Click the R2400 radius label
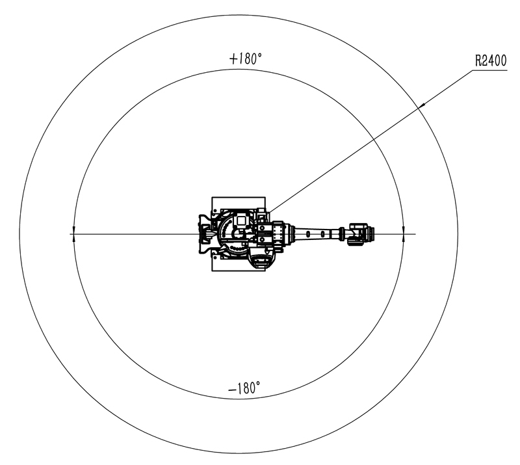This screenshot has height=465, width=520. tap(491, 61)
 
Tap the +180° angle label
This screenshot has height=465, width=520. tap(246, 59)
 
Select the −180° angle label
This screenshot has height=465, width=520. tap(244, 388)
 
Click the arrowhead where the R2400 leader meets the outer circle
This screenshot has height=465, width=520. tap(421, 105)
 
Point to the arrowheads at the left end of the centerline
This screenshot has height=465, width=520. tap(73, 233)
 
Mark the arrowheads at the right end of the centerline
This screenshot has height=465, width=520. tap(403, 233)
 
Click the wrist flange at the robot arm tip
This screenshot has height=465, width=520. tap(369, 233)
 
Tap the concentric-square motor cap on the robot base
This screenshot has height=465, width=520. tap(241, 221)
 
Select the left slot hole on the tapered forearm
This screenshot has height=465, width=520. tap(308, 234)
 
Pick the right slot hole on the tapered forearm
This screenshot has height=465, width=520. tap(322, 234)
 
